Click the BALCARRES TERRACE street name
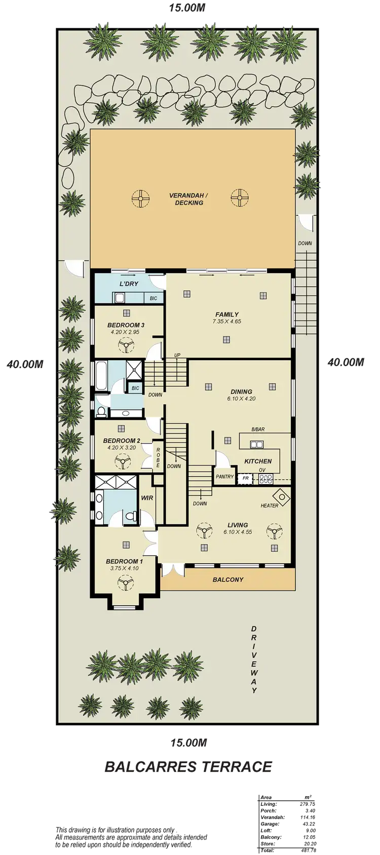tap(188, 766)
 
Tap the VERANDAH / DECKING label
tap(189, 199)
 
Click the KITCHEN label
tap(258, 461)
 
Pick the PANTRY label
tap(224, 477)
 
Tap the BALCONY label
tap(228, 579)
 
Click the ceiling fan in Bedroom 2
tap(123, 462)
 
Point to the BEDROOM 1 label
tap(124, 561)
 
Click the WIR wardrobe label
tap(147, 498)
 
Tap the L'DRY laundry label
tap(129, 284)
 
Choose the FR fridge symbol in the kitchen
tap(246, 478)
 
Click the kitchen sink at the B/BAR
tap(257, 445)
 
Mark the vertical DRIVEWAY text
tap(254, 658)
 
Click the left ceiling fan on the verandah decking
tap(140, 198)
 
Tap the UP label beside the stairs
tap(177, 355)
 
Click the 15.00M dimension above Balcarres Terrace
tap(188, 743)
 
